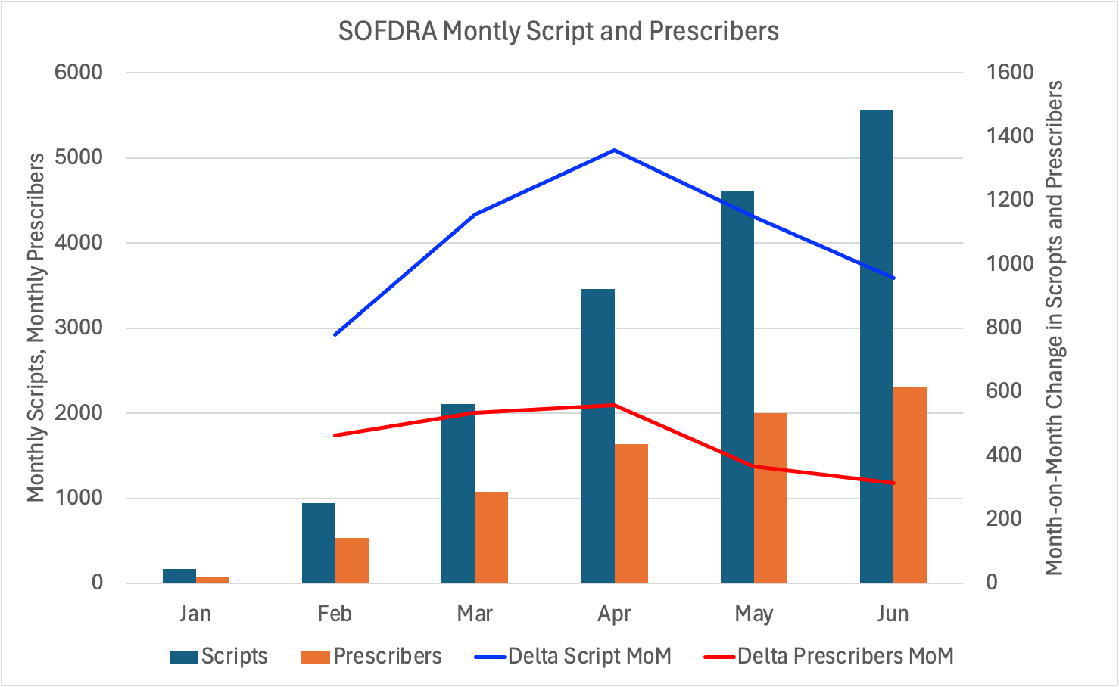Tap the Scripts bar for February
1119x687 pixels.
[x=319, y=542]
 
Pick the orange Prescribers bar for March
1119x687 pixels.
[x=491, y=537]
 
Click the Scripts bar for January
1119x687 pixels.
[x=179, y=576]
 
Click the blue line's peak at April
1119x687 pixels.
[x=614, y=150]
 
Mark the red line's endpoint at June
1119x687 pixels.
[x=893, y=483]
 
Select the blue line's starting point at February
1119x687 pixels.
[x=335, y=334]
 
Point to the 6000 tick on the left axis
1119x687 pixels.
[x=78, y=73]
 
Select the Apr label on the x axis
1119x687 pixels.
[x=614, y=614]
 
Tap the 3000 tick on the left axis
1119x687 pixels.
[x=78, y=328]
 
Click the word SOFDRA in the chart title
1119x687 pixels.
[x=387, y=31]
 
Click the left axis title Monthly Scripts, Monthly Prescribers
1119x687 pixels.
[x=36, y=328]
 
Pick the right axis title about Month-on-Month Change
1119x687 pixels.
[x=1055, y=328]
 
